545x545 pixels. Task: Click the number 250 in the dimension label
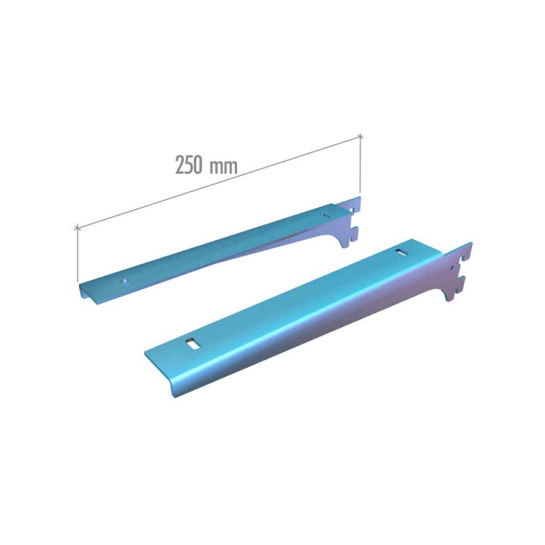tap(189, 165)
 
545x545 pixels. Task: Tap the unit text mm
tap(223, 167)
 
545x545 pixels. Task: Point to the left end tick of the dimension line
tap(77, 228)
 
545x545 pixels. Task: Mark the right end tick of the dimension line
tap(360, 136)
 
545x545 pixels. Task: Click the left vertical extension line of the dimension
tap(77, 255)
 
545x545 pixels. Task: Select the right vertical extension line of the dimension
tap(360, 165)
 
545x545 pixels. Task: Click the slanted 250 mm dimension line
tap(219, 182)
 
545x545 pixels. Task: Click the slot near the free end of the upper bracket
tap(126, 282)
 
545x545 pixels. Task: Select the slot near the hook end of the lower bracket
tap(402, 252)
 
